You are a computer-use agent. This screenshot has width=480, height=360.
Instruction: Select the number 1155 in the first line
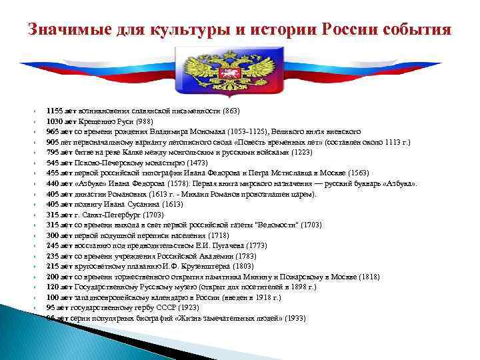[x=55, y=110]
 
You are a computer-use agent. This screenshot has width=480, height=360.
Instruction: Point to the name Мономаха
[x=205, y=132]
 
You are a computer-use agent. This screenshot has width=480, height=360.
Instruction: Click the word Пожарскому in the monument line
[x=313, y=277]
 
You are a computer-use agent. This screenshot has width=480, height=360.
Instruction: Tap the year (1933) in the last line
[x=295, y=319]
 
